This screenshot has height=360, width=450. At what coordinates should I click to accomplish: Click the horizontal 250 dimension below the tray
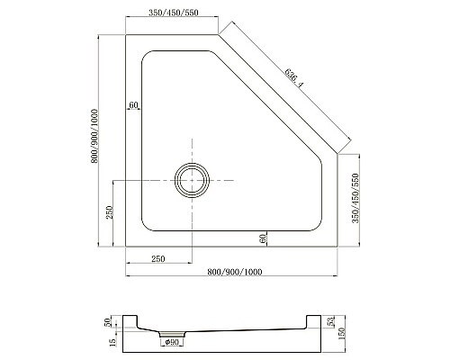click(x=157, y=260)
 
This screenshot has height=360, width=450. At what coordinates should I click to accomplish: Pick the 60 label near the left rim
click(x=133, y=105)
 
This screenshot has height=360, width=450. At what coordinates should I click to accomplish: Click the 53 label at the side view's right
click(x=331, y=321)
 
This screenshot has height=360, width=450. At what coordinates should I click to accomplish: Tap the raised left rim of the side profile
click(x=131, y=321)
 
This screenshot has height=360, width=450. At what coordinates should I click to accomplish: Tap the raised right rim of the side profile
click(x=315, y=321)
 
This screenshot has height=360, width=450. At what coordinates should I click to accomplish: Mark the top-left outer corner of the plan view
click(x=125, y=35)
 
